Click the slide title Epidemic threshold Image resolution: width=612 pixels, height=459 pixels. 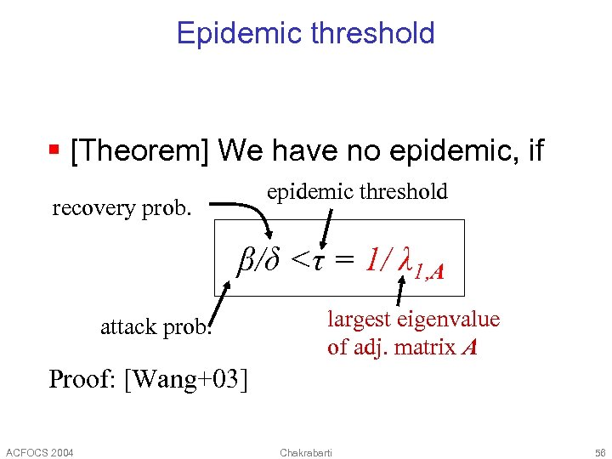[x=305, y=33]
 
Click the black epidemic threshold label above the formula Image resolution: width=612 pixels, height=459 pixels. [x=357, y=192]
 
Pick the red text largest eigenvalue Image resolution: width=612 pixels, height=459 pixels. [x=413, y=320]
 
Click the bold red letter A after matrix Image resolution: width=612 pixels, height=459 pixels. [x=468, y=347]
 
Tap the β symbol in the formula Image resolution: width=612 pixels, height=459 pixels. [x=246, y=259]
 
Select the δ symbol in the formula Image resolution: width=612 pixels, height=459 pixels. [x=273, y=259]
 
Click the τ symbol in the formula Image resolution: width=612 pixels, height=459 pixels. [x=319, y=259]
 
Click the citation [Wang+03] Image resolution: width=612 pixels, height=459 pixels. [x=186, y=378]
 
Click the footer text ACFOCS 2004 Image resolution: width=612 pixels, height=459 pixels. [x=39, y=451]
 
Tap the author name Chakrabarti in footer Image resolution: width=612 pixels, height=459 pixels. [x=306, y=451]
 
